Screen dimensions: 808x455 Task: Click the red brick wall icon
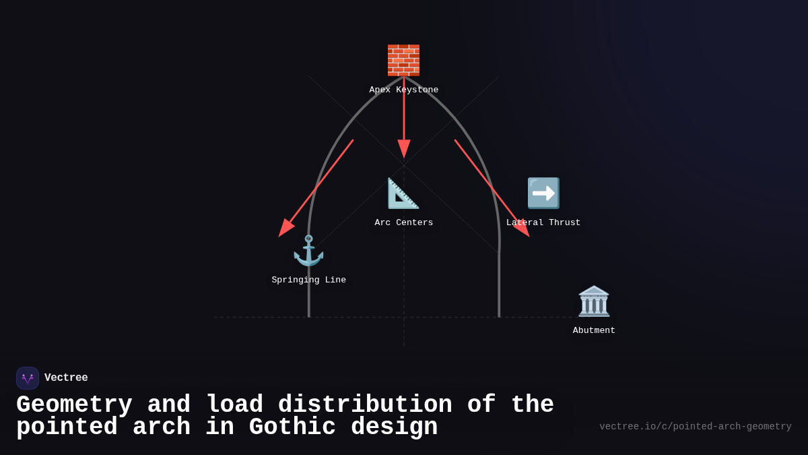pyautogui.click(x=403, y=60)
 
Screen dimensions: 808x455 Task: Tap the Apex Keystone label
pyautogui.click(x=403, y=90)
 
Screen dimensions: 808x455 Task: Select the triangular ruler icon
pyautogui.click(x=403, y=193)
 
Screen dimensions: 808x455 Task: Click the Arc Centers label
pyautogui.click(x=403, y=222)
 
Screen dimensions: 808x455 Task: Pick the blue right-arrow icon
pyautogui.click(x=543, y=193)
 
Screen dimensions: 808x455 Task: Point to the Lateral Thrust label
pyautogui.click(x=543, y=222)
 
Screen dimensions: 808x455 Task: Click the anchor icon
pyautogui.click(x=309, y=251)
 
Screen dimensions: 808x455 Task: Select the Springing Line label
pyautogui.click(x=309, y=280)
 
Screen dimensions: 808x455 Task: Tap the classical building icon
pyautogui.click(x=594, y=301)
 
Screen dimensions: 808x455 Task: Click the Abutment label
pyautogui.click(x=594, y=330)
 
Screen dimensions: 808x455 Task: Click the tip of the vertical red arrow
pyautogui.click(x=404, y=158)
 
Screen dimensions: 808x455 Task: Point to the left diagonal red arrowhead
pyautogui.click(x=286, y=228)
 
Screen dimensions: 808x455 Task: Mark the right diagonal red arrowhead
pyautogui.click(x=522, y=228)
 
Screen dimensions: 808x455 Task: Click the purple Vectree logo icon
pyautogui.click(x=28, y=378)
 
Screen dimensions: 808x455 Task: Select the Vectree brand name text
pyautogui.click(x=66, y=377)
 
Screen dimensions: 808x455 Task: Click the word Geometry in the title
pyautogui.click(x=74, y=404)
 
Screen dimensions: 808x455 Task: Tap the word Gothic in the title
pyautogui.click(x=292, y=427)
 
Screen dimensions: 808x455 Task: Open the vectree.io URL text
pyautogui.click(x=696, y=427)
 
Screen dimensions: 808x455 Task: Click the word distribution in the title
pyautogui.click(x=365, y=404)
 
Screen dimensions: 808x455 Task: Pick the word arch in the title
pyautogui.click(x=162, y=427)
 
